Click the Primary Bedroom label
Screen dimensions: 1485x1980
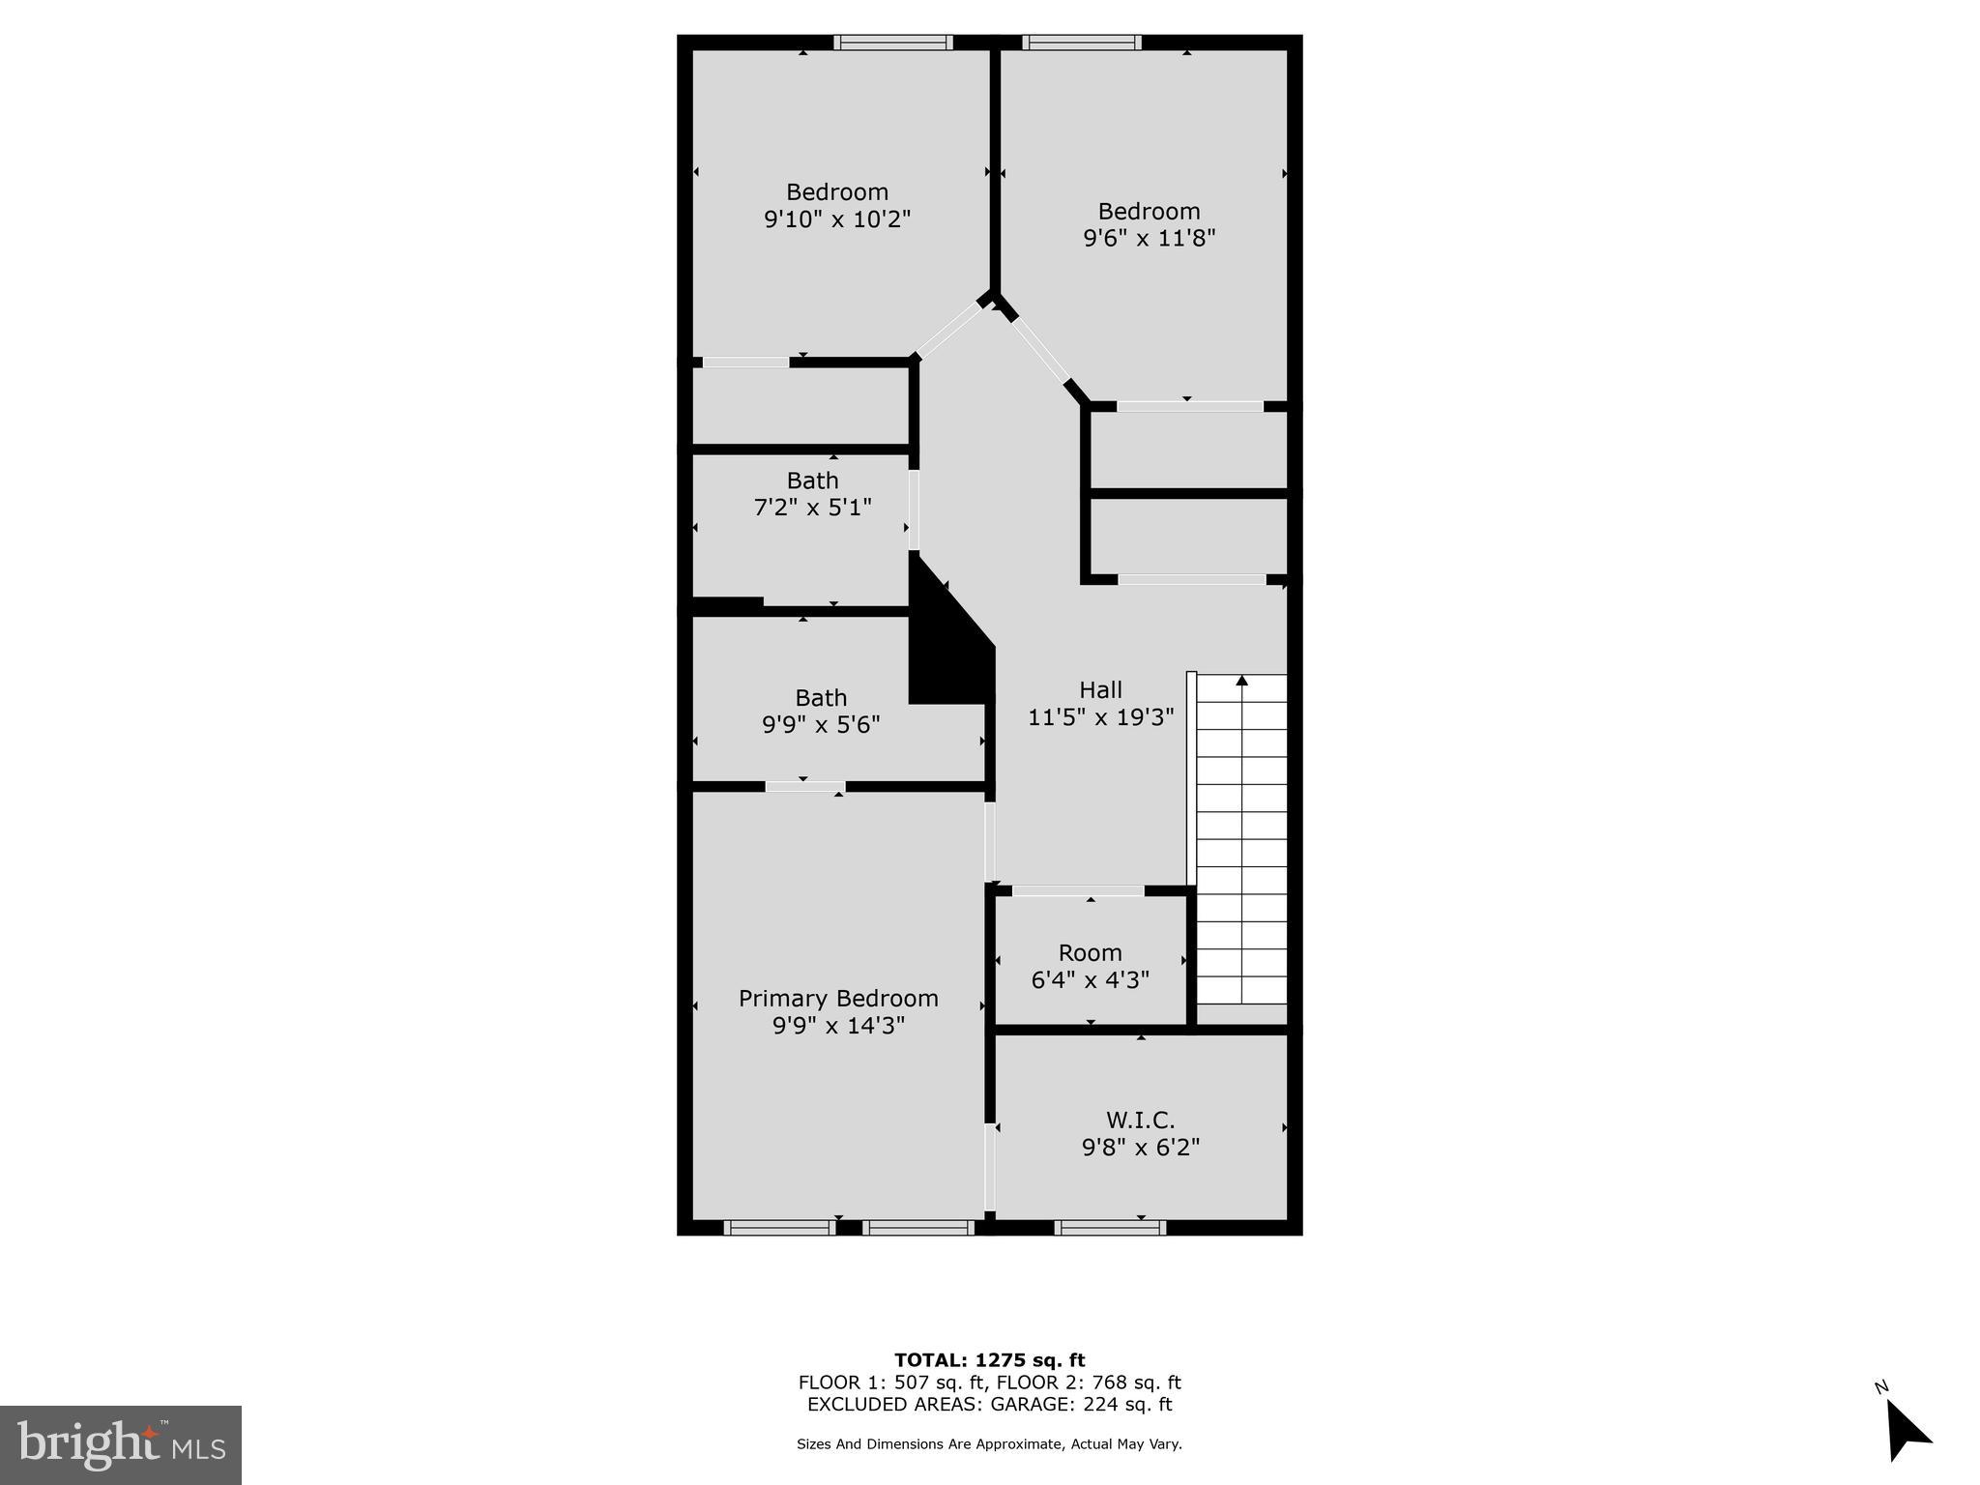click(x=838, y=998)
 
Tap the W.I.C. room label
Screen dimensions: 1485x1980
click(x=1141, y=1120)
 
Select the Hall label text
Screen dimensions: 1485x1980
click(x=1100, y=689)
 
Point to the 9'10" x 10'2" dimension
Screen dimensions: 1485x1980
click(x=837, y=219)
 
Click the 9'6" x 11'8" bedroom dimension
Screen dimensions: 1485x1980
click(x=1149, y=238)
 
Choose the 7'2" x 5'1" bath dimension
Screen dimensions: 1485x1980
click(x=812, y=507)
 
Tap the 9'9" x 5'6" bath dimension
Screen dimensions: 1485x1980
click(x=821, y=724)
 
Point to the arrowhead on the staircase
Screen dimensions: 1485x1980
click(x=1241, y=681)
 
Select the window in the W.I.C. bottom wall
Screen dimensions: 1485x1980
click(x=1110, y=1228)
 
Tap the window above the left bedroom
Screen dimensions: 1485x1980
click(x=893, y=43)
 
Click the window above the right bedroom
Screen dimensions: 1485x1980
click(x=1082, y=43)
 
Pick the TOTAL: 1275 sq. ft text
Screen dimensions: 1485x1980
click(x=989, y=1360)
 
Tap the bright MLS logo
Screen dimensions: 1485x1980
click(x=121, y=1444)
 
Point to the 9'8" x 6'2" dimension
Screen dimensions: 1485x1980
click(x=1141, y=1148)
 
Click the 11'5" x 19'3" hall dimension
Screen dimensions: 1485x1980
click(x=1100, y=717)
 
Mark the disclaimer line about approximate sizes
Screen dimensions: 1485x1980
click(x=989, y=1444)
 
